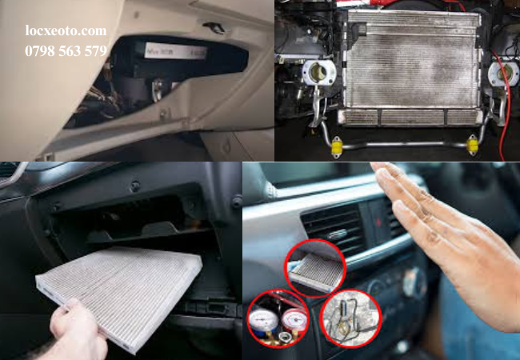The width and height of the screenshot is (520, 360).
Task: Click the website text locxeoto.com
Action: point(65,31)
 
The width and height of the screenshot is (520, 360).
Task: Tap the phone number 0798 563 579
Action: point(65,51)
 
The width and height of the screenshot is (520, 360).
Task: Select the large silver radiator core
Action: point(411,67)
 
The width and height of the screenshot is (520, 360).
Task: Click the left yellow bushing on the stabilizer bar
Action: point(337,146)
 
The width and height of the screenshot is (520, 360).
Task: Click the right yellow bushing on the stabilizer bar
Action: point(473,145)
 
